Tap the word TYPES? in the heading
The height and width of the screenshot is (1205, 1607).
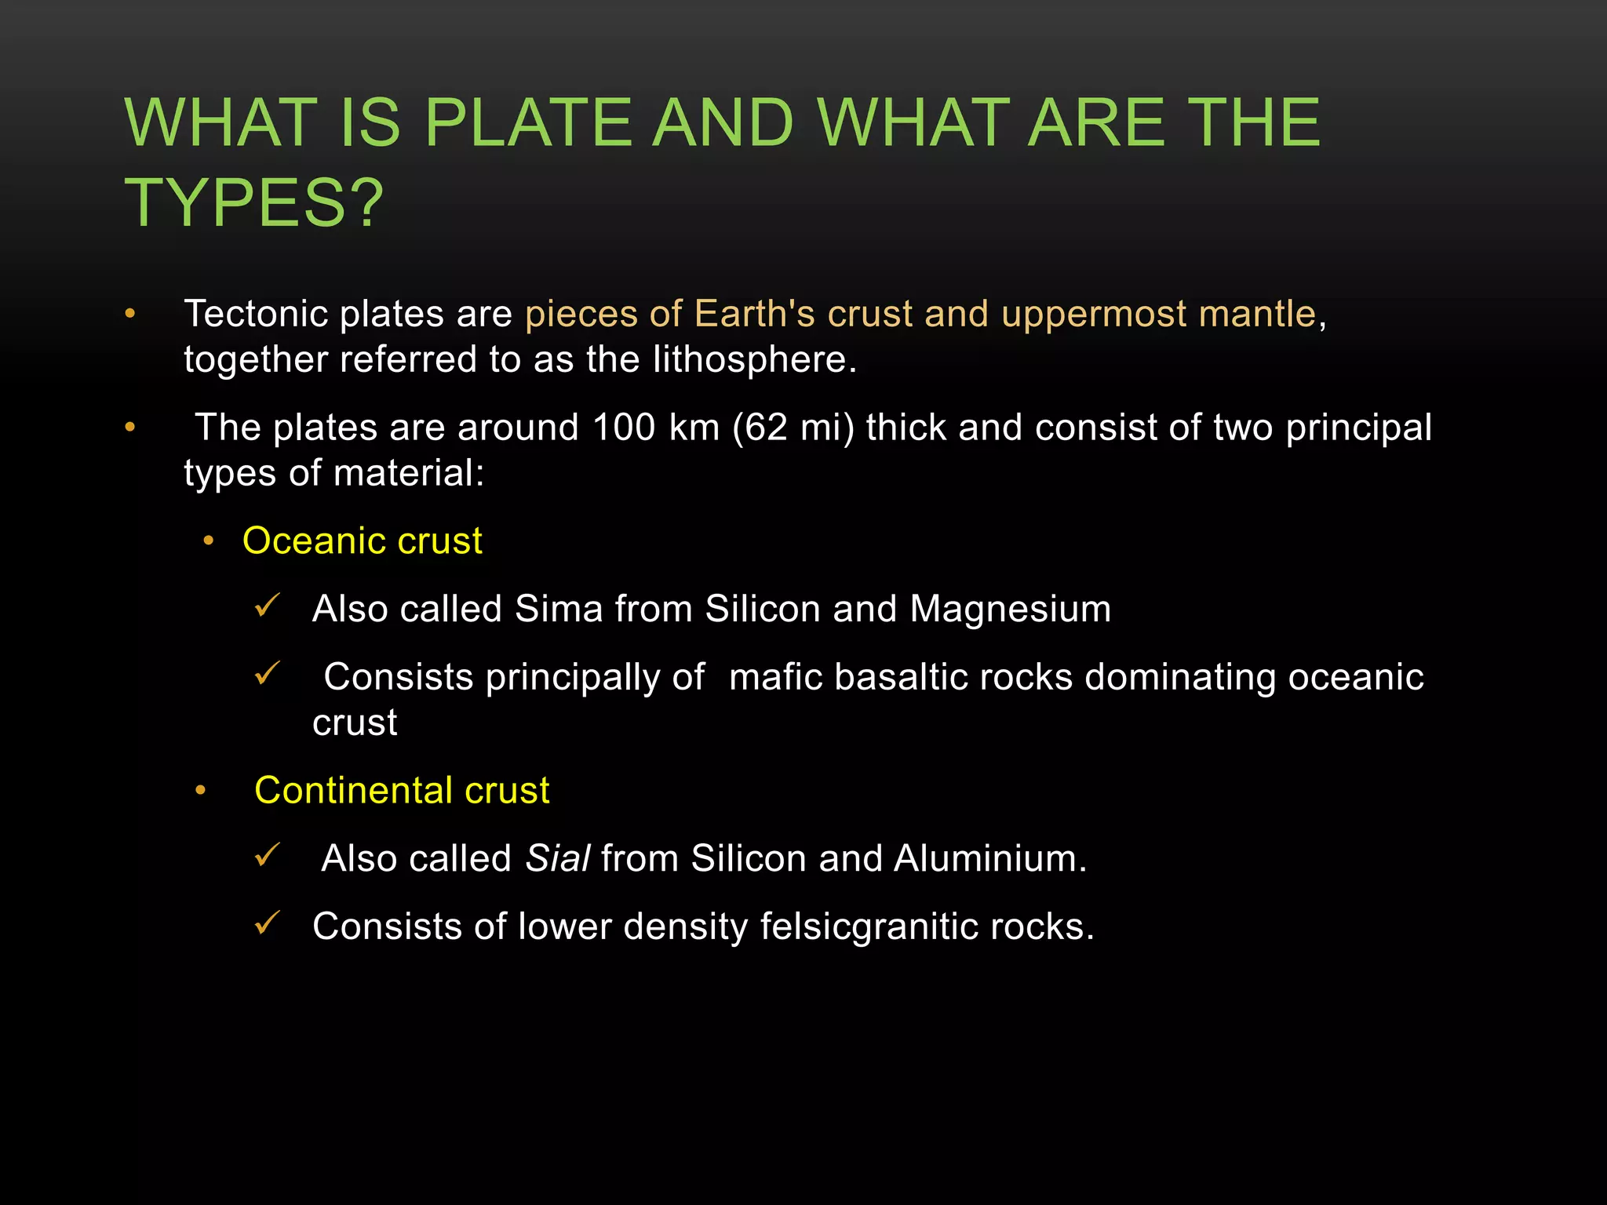pos(254,203)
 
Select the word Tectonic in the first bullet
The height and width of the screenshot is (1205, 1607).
pos(255,314)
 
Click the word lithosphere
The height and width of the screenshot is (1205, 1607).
pos(754,359)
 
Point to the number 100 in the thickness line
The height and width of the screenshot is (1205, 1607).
pos(623,428)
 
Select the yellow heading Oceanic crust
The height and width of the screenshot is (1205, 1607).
pos(362,541)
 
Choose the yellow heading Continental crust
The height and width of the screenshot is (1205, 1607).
pos(402,790)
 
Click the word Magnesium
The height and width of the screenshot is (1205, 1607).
pos(1010,609)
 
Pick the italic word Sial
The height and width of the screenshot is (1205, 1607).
pos(557,858)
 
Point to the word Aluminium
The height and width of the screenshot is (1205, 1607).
pos(990,858)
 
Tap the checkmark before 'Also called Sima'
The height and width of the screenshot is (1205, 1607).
pos(267,606)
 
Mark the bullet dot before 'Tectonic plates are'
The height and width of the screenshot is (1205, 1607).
pos(130,315)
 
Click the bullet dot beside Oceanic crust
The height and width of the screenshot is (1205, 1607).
pos(208,541)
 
